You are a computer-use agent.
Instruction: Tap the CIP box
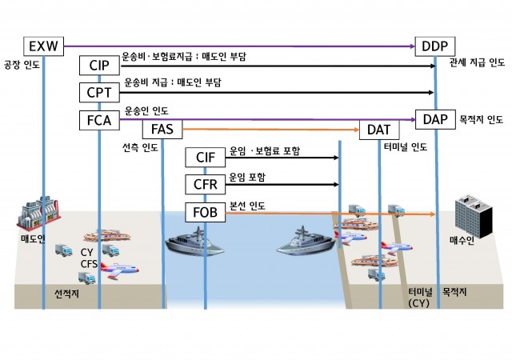[x=99, y=65]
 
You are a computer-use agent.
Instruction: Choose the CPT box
[x=99, y=92]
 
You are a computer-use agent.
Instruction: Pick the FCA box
[x=99, y=120]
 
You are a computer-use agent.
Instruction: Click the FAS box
[x=162, y=128]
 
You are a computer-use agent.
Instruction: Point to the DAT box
[x=379, y=129]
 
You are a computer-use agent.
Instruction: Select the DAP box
[x=435, y=119]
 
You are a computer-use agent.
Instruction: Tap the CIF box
[x=205, y=158]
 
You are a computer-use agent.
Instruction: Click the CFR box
[x=205, y=185]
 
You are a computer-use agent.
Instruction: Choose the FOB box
[x=205, y=213]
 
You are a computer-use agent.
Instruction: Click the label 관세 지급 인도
[x=477, y=62]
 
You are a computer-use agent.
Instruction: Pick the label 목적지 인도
[x=482, y=120]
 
